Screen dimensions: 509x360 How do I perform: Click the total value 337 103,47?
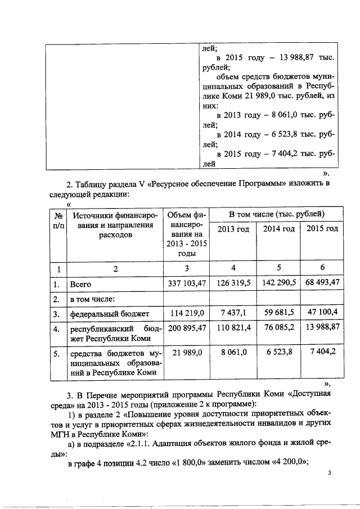pos(186,284)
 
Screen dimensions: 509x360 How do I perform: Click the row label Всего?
pos(80,285)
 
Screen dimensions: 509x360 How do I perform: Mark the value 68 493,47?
pos(319,284)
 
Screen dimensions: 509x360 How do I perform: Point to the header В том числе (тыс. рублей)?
pos(276,214)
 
